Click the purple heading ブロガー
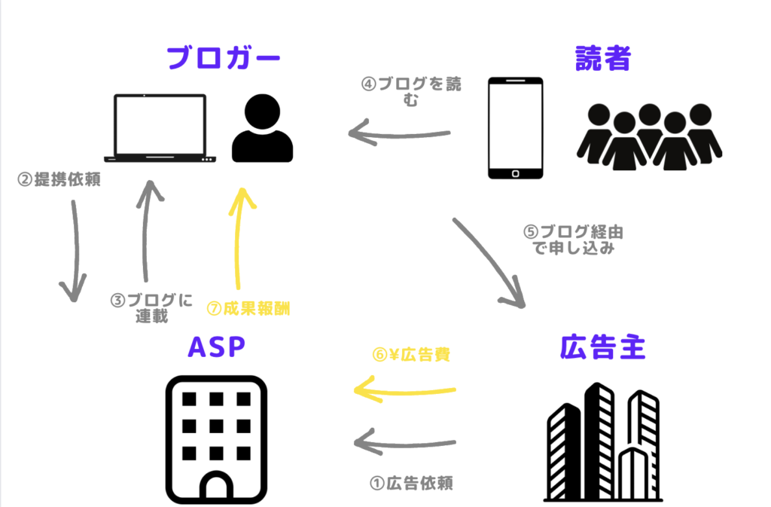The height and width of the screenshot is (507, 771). pyautogui.click(x=223, y=57)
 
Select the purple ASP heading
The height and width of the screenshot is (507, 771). pyautogui.click(x=217, y=349)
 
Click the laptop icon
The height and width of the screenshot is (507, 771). pyautogui.click(x=160, y=128)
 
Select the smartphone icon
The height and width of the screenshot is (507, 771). pyautogui.click(x=515, y=128)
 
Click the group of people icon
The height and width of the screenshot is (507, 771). pyautogui.click(x=650, y=136)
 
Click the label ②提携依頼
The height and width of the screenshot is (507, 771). pyautogui.click(x=59, y=180)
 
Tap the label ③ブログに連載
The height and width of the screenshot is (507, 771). pyautogui.click(x=151, y=307)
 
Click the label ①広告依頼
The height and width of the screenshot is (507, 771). pyautogui.click(x=411, y=483)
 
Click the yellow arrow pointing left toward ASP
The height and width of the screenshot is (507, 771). pyautogui.click(x=405, y=391)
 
